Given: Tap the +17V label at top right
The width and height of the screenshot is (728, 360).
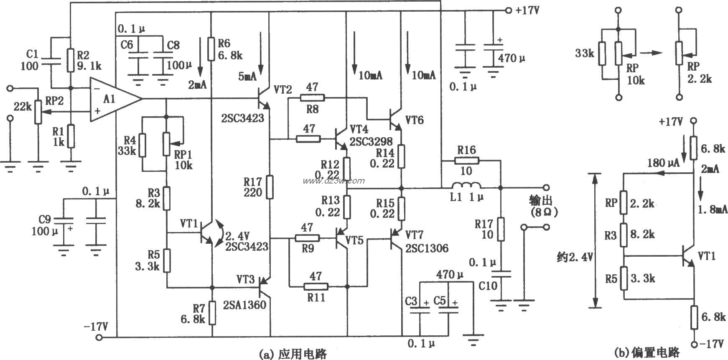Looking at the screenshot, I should coord(527,11).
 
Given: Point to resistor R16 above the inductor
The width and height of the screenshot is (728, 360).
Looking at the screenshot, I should coord(466,161).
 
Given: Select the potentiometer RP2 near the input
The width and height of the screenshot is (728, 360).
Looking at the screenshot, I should coord(38,112).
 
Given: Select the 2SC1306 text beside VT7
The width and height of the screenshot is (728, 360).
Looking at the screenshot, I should coord(426,248).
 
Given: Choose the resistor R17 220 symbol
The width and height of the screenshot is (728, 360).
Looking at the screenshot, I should coord(270,187).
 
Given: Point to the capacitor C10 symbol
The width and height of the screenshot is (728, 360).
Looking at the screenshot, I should coord(501,274).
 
